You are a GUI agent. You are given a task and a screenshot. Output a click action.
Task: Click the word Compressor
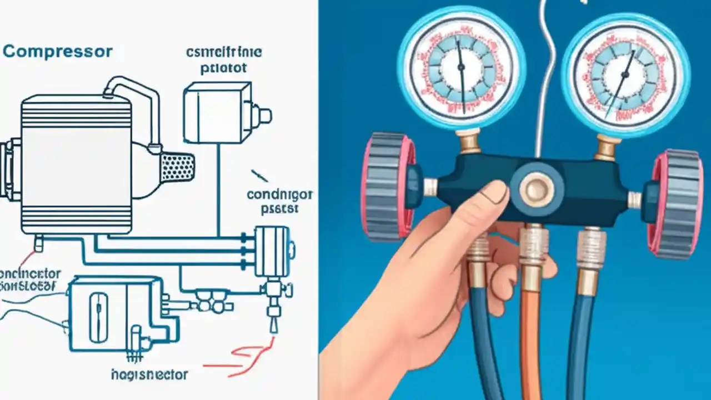(58, 52)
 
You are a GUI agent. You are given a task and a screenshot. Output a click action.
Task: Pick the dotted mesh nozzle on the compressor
(177, 167)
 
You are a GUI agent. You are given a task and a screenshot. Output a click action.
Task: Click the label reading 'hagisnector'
(149, 374)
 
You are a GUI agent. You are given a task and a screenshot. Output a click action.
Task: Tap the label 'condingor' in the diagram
(279, 195)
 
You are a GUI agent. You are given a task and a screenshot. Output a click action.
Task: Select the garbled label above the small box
(224, 60)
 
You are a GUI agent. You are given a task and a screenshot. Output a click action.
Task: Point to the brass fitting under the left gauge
(469, 141)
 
